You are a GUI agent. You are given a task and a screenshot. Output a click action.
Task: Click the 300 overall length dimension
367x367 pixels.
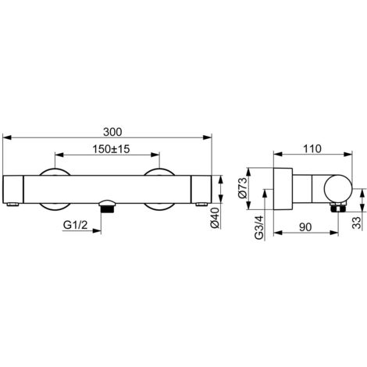click(x=112, y=132)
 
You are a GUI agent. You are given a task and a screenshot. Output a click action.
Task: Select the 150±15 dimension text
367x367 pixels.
click(x=111, y=149)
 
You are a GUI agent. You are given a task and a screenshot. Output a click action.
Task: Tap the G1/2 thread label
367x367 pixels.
click(x=76, y=225)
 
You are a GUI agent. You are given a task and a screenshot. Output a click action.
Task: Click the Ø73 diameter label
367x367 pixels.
click(x=242, y=188)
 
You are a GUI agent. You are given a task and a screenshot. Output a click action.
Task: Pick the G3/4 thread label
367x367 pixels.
click(x=259, y=227)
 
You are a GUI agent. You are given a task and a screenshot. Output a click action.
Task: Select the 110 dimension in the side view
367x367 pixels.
click(x=312, y=149)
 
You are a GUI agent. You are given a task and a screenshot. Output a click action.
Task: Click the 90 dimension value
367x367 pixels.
click(x=305, y=227)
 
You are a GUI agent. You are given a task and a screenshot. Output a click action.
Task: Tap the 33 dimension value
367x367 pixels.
click(x=357, y=223)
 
